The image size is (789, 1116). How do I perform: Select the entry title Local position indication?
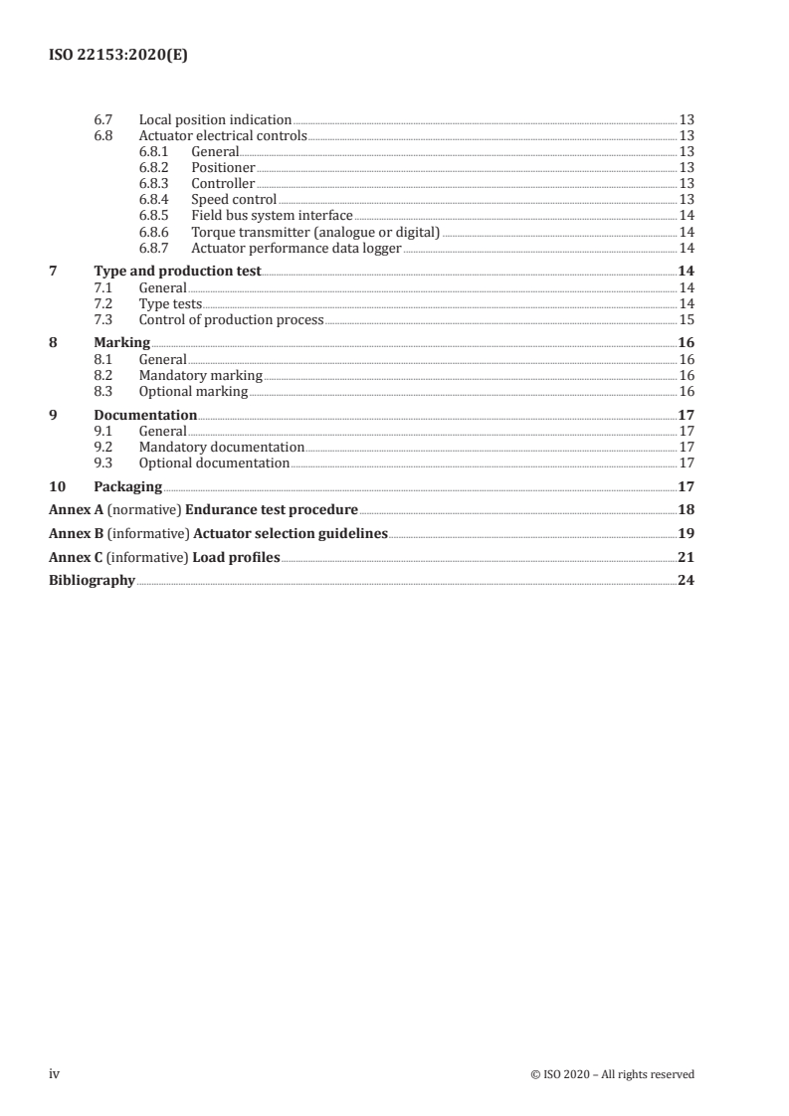(215, 119)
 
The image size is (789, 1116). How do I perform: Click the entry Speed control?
(234, 200)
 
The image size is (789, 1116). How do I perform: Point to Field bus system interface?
(272, 216)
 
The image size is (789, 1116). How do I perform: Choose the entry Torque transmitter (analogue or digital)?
(315, 232)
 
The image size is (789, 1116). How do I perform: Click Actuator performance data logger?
(296, 248)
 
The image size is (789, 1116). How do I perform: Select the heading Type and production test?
(177, 272)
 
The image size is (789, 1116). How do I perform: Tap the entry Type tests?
(170, 303)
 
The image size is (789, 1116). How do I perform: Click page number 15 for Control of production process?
(686, 319)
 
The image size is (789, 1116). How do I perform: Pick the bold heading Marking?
(121, 343)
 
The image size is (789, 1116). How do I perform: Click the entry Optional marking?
(193, 391)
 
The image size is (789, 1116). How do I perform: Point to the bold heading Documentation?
(145, 415)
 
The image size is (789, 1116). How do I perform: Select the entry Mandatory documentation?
(221, 447)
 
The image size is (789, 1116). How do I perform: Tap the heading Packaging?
(127, 486)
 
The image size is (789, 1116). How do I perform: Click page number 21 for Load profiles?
(686, 557)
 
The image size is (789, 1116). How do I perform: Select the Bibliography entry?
(92, 581)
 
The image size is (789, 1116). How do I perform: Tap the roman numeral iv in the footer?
(55, 1073)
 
